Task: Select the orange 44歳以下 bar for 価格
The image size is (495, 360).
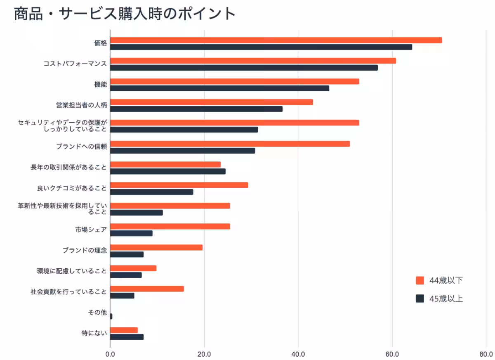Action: (276, 40)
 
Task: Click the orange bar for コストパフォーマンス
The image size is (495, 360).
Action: (252, 61)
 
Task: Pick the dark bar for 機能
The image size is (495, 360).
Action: (219, 88)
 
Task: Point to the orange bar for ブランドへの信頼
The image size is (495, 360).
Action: (230, 144)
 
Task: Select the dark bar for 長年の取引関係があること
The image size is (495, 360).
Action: (167, 171)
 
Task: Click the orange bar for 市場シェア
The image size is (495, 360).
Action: (170, 226)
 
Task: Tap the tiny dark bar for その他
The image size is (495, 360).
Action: (111, 316)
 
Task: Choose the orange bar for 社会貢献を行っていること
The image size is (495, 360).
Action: (147, 289)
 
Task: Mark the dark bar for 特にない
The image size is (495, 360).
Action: (127, 337)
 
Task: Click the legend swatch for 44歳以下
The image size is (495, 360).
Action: (420, 281)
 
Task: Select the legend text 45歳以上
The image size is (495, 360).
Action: (446, 299)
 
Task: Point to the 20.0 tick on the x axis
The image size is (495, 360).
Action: (204, 354)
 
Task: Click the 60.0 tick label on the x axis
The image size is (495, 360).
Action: (392, 354)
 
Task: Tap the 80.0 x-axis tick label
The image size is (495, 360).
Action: (486, 354)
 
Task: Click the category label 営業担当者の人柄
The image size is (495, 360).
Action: (81, 105)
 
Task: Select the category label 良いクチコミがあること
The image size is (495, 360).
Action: (72, 188)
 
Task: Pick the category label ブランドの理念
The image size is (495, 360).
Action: (85, 250)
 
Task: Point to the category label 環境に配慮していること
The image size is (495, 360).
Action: (72, 271)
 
